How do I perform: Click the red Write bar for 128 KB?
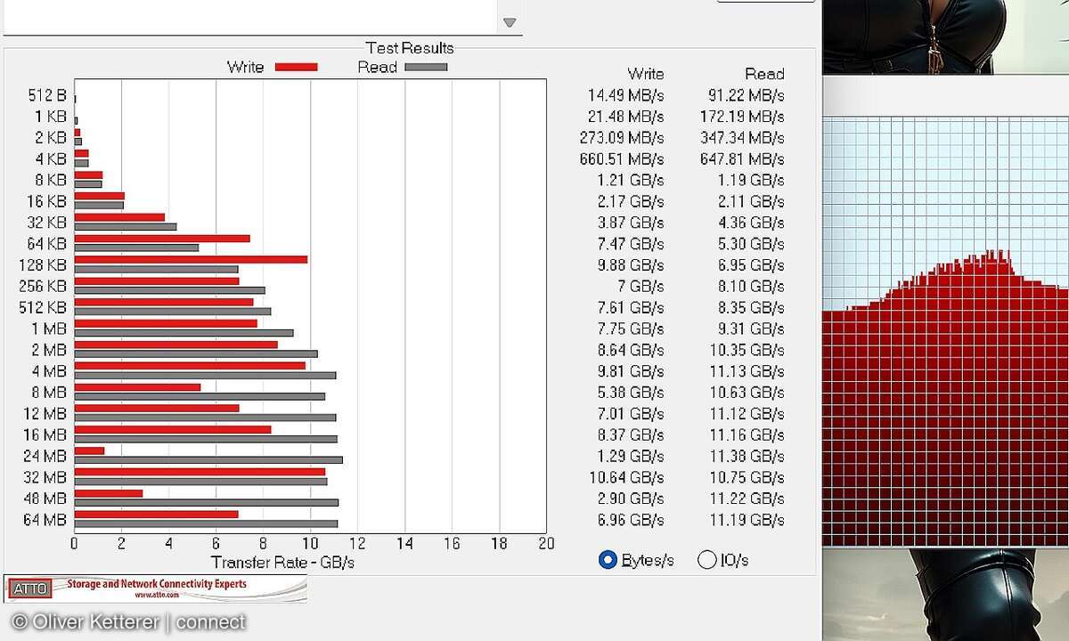[x=191, y=260]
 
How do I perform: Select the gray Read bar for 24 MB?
[x=208, y=460]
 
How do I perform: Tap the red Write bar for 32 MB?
[x=200, y=472]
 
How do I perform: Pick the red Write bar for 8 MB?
[x=137, y=387]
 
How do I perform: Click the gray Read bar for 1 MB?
[x=184, y=333]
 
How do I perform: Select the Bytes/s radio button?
[x=608, y=560]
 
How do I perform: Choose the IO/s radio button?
[x=706, y=560]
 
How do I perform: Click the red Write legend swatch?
[x=296, y=67]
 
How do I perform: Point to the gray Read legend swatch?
[x=426, y=67]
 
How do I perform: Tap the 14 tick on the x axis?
[x=405, y=544]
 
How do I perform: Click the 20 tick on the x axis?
[x=546, y=544]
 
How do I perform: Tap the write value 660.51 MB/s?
[x=622, y=159]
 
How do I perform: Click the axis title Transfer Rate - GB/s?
[x=282, y=563]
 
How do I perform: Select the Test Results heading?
[x=410, y=48]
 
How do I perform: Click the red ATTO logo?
[x=30, y=588]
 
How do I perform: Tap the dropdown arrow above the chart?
[x=510, y=22]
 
